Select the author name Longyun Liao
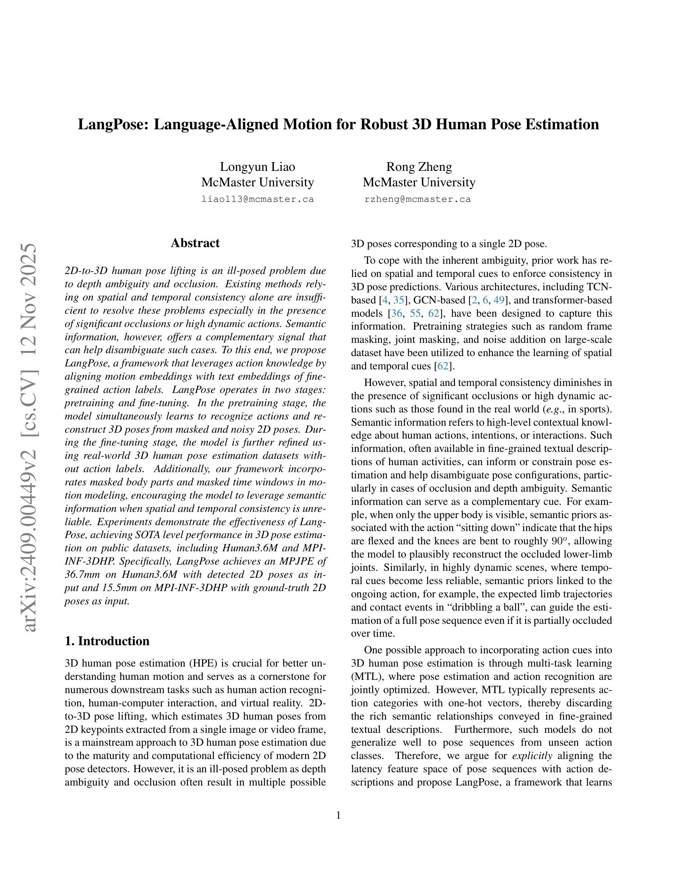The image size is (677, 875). pyautogui.click(x=257, y=167)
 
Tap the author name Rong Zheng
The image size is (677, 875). pyautogui.click(x=419, y=167)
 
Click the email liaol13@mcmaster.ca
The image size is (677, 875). pyautogui.click(x=257, y=199)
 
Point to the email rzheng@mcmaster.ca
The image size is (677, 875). pyautogui.click(x=417, y=199)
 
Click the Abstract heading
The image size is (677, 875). pyautogui.click(x=195, y=243)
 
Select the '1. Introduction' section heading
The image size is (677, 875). pyautogui.click(x=107, y=641)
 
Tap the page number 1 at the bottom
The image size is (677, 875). pyautogui.click(x=338, y=815)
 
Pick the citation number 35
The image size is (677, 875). pyautogui.click(x=398, y=300)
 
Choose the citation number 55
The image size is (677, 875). pyautogui.click(x=415, y=313)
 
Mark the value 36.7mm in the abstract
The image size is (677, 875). pyautogui.click(x=82, y=574)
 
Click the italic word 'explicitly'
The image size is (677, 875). pyautogui.click(x=532, y=756)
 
